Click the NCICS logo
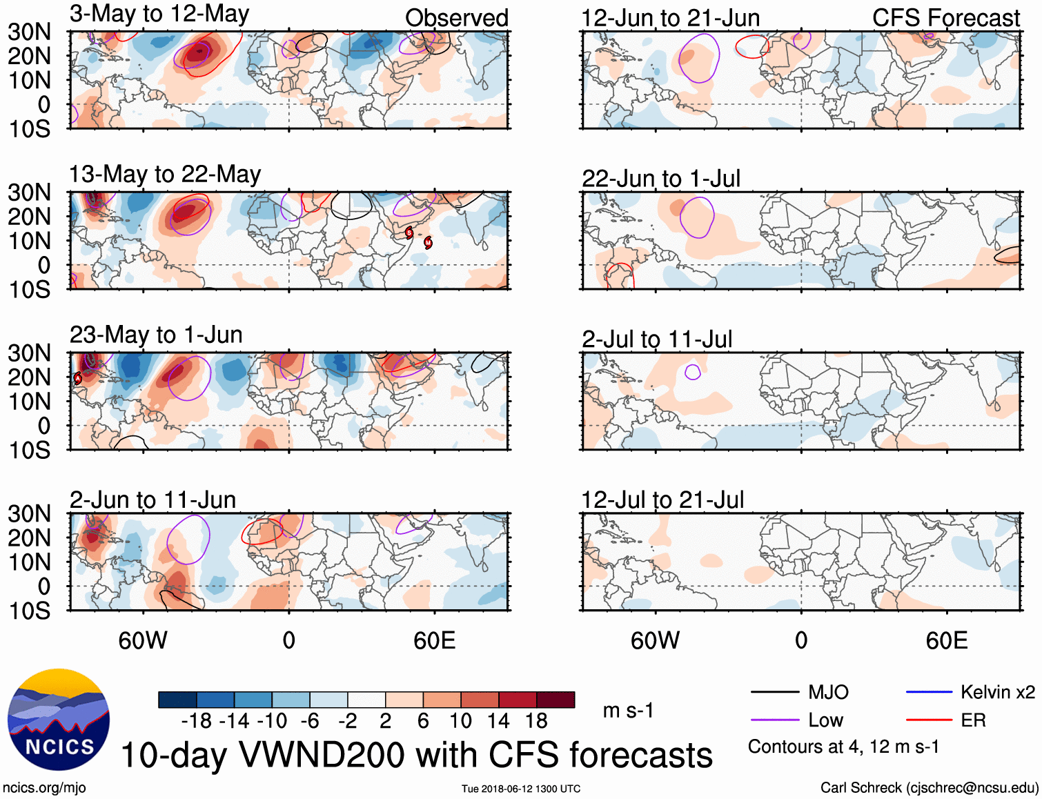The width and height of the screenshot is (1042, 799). (x=59, y=720)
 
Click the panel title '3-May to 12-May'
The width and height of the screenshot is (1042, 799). (x=159, y=14)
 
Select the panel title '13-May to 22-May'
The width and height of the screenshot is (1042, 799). (x=165, y=175)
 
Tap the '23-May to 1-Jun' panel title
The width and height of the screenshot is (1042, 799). (x=156, y=335)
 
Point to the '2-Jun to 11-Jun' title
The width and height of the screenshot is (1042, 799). (x=153, y=500)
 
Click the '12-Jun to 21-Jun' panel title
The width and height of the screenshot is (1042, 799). (x=670, y=19)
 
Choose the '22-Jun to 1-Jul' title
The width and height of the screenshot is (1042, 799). (x=660, y=179)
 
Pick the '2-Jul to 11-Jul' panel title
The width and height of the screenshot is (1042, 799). (x=656, y=339)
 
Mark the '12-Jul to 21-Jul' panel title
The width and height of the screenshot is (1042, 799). (x=662, y=500)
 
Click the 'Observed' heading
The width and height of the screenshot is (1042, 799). (x=456, y=18)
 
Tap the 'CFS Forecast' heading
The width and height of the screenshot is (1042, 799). (x=945, y=19)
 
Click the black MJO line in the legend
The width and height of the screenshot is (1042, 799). (x=774, y=692)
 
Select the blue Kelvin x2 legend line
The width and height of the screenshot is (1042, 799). (x=929, y=692)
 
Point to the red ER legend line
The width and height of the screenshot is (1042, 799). (x=929, y=720)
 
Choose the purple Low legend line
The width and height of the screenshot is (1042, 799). (x=774, y=720)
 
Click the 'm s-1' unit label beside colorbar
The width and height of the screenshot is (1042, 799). (x=628, y=711)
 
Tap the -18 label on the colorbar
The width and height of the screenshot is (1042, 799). (x=197, y=721)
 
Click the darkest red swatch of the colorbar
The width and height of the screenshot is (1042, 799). (x=556, y=700)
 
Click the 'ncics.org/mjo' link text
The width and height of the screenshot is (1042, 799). (x=44, y=788)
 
